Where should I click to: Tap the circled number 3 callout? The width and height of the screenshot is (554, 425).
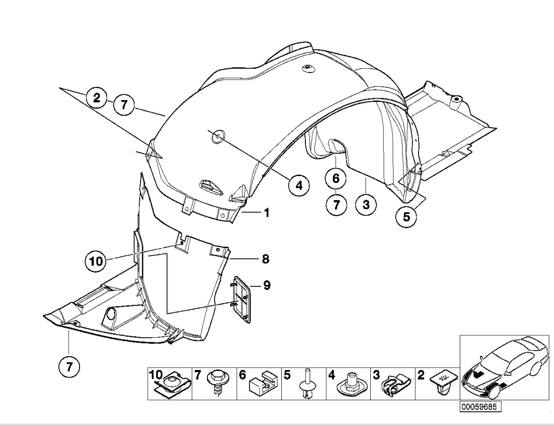pos(366,205)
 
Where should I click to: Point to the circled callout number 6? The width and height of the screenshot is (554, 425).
pos(336,179)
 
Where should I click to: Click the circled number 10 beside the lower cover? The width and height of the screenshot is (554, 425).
pos(96,260)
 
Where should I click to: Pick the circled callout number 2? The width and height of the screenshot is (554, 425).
pos(97,98)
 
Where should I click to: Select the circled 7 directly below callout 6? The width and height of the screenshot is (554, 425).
pos(336,205)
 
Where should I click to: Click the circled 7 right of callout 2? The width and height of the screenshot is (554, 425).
pos(124,105)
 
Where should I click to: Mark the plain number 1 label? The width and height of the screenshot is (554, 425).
pos(267,213)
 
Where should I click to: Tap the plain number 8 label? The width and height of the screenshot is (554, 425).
pos(266,259)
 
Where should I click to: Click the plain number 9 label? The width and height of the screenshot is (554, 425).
pos(267,285)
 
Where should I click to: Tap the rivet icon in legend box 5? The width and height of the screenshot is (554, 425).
pos(308,384)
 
